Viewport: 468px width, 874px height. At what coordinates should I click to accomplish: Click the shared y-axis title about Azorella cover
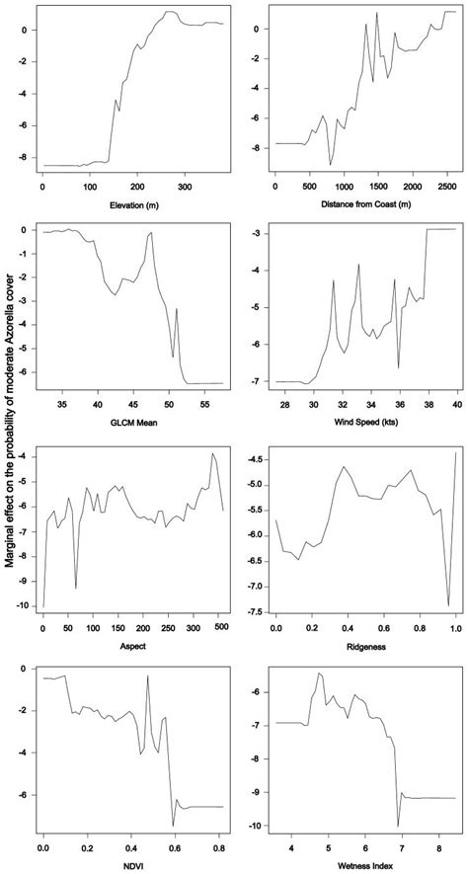tap(9, 435)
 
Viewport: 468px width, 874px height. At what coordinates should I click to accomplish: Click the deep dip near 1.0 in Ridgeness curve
tap(449, 605)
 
